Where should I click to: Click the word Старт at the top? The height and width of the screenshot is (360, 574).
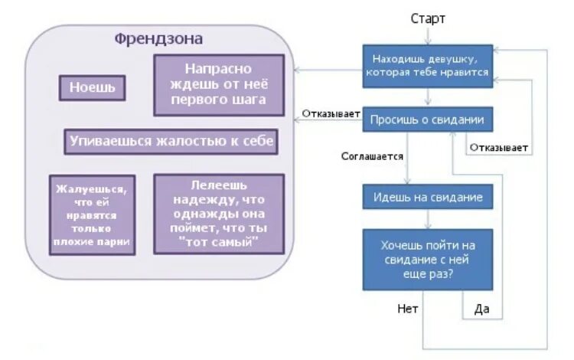pos(428,18)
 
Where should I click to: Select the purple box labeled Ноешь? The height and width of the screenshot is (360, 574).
pos(93,87)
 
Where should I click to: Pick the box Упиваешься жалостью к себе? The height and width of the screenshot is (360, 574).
pos(170,141)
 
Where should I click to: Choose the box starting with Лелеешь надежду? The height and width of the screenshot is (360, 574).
pos(218,214)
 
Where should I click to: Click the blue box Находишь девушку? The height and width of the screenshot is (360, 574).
pos(427,66)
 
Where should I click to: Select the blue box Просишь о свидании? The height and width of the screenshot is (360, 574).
pos(427,119)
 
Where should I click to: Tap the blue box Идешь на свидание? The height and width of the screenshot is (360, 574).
pos(427,197)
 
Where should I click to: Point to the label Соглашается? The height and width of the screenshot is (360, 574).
pos(372,156)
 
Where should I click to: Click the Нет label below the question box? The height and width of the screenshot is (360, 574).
pos(407,309)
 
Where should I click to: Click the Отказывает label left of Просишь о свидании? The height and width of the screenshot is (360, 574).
pos(331,114)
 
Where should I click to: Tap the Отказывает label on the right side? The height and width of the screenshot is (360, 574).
pos(501,147)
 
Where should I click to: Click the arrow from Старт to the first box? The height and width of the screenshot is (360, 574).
pos(429,35)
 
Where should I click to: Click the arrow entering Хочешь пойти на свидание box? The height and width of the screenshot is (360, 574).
pos(428,220)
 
